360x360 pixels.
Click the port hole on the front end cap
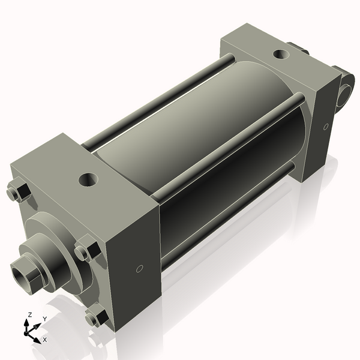(89, 178)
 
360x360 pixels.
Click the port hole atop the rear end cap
(281, 55)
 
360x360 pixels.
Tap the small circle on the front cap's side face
(139, 269)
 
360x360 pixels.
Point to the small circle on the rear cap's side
(326, 127)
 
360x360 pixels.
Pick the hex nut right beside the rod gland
(88, 250)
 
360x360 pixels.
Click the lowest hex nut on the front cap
(96, 316)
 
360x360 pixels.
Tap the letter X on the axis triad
(44, 340)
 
